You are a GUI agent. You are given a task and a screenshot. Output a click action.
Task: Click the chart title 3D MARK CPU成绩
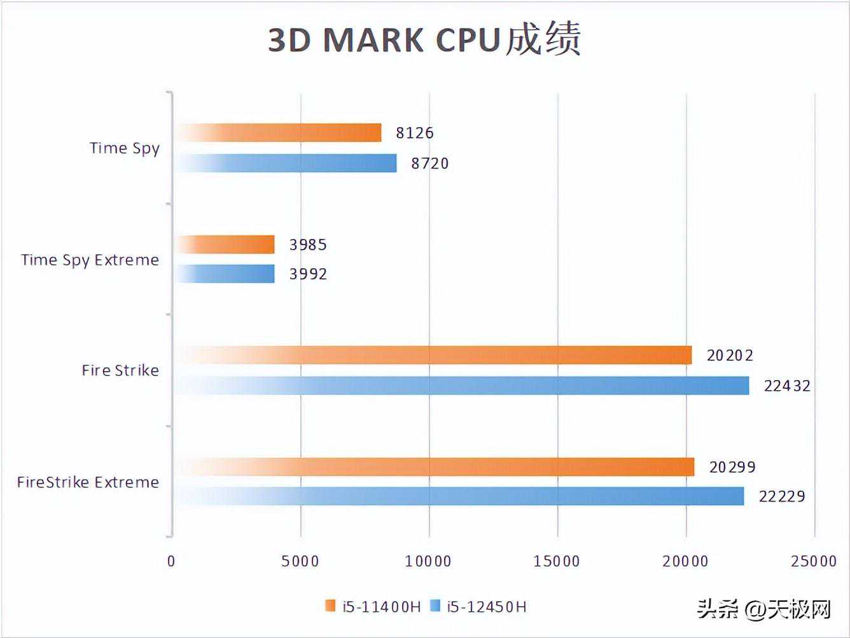coord(424,39)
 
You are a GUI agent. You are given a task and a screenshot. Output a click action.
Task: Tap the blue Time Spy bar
coord(286,163)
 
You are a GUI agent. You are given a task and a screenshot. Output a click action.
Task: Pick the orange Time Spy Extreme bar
coord(225,245)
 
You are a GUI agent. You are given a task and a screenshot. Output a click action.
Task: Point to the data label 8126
coord(414,133)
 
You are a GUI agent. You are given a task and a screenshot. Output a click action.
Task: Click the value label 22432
coord(787,386)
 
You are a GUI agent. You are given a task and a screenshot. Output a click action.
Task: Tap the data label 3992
coord(308,274)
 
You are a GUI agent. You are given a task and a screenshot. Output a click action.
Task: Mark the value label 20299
coord(732,467)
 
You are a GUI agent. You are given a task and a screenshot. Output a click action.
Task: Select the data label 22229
coord(782,496)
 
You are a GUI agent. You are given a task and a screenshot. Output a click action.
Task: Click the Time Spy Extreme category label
coord(90,260)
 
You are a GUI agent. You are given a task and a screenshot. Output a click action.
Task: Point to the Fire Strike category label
coord(120,370)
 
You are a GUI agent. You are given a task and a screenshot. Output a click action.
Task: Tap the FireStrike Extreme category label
coord(88,482)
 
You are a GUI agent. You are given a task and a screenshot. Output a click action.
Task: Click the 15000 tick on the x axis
coord(557,561)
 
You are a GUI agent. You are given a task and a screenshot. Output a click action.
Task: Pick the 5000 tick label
coord(300,561)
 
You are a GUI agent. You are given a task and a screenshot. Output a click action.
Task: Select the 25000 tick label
coord(814,561)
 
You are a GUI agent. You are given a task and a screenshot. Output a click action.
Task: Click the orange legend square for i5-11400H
coord(330,606)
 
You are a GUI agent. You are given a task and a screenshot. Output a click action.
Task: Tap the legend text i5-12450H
coord(487,607)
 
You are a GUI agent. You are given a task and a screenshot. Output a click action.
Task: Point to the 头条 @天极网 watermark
coord(764,609)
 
